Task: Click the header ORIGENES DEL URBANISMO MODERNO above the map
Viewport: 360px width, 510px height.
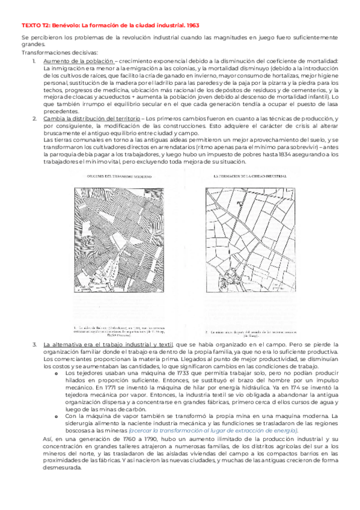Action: (x=115, y=175)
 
